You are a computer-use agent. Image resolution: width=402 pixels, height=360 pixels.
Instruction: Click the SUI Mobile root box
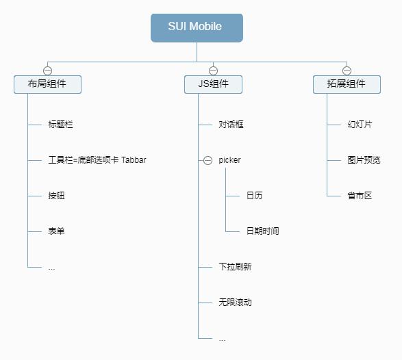pyautogui.click(x=197, y=27)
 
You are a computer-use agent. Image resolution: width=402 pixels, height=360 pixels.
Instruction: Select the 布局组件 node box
pyautogui.click(x=48, y=84)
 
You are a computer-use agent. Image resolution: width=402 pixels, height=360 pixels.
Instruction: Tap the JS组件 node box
pyautogui.click(x=213, y=84)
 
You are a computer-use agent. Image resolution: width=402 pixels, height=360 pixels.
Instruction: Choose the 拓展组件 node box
pyautogui.click(x=347, y=84)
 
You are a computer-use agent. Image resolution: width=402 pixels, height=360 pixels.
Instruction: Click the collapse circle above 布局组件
pyautogui.click(x=48, y=70)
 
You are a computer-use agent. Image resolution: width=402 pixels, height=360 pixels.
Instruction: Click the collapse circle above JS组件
pyautogui.click(x=213, y=70)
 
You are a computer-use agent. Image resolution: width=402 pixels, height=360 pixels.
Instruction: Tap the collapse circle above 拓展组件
pyautogui.click(x=347, y=70)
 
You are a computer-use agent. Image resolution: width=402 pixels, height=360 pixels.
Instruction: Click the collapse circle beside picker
pyautogui.click(x=208, y=160)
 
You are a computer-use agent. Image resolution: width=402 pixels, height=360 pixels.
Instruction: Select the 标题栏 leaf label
pyautogui.click(x=60, y=125)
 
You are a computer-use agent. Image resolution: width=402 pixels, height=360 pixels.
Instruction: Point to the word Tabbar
pyautogui.click(x=134, y=160)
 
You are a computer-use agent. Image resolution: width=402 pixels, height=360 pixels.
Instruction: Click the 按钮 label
pyautogui.click(x=56, y=196)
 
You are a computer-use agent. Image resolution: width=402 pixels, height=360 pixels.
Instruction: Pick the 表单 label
pyautogui.click(x=56, y=231)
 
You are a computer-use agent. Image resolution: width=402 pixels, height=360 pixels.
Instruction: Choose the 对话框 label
pyautogui.click(x=231, y=125)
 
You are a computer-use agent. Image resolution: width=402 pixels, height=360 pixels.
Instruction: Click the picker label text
pyautogui.click(x=229, y=160)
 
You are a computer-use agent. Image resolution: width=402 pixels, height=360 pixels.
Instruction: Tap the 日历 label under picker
pyautogui.click(x=254, y=196)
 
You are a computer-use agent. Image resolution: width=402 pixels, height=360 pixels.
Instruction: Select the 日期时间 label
pyautogui.click(x=262, y=231)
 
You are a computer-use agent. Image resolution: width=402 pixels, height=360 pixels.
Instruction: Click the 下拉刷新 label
pyautogui.click(x=235, y=267)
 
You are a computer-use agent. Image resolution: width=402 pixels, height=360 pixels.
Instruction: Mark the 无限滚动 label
pyautogui.click(x=235, y=303)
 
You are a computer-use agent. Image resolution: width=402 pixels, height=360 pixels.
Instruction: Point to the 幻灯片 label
pyautogui.click(x=360, y=125)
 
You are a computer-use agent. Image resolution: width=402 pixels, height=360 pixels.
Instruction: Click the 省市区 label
pyautogui.click(x=360, y=196)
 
